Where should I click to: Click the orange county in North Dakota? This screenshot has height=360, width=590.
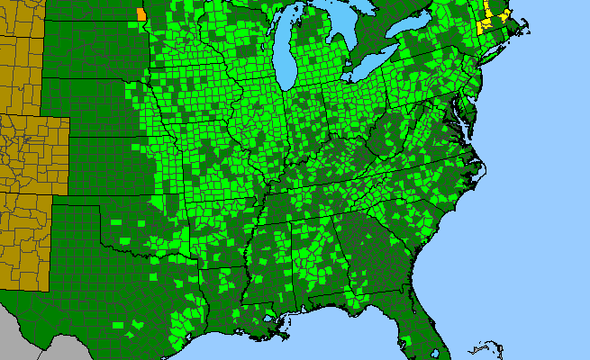[141, 14]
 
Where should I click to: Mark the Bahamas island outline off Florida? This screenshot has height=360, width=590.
[491, 346]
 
